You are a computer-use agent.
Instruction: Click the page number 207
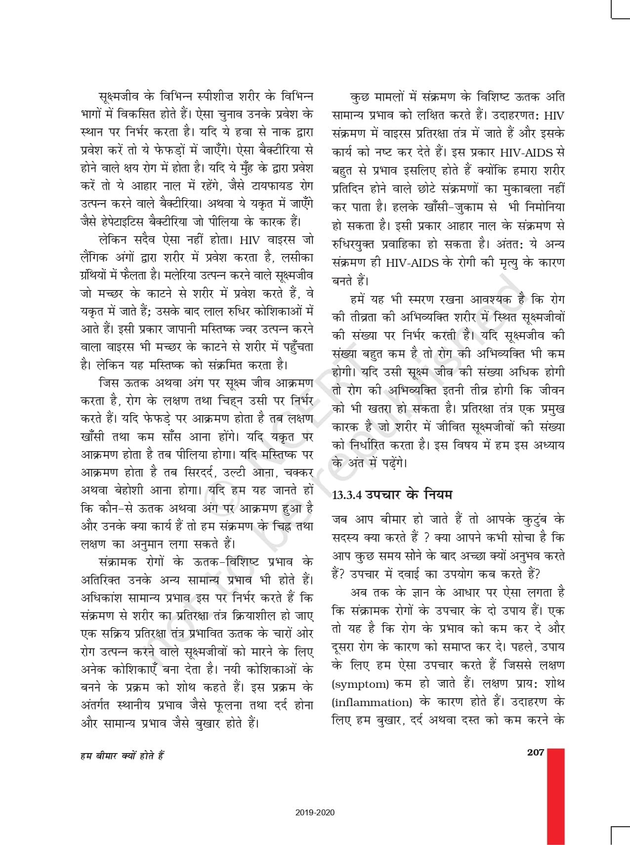pyautogui.click(x=536, y=752)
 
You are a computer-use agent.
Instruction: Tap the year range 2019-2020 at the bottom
pyautogui.click(x=315, y=812)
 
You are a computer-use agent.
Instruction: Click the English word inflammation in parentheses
pyautogui.click(x=372, y=702)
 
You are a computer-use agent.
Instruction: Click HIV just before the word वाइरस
pyautogui.click(x=252, y=240)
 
